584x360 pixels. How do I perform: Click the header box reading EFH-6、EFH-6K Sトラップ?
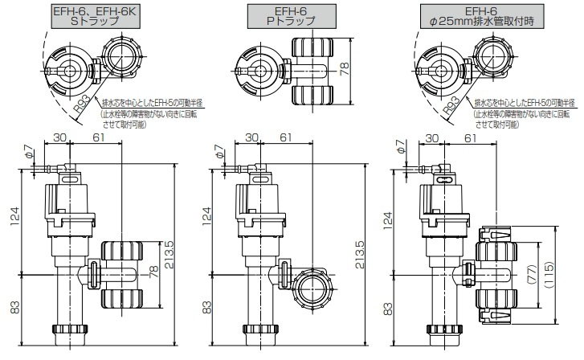pyautogui.click(x=96, y=16)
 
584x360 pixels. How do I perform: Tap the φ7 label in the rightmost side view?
pyautogui.click(x=399, y=149)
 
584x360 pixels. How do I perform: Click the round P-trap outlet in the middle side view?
pyautogui.click(x=312, y=288)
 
